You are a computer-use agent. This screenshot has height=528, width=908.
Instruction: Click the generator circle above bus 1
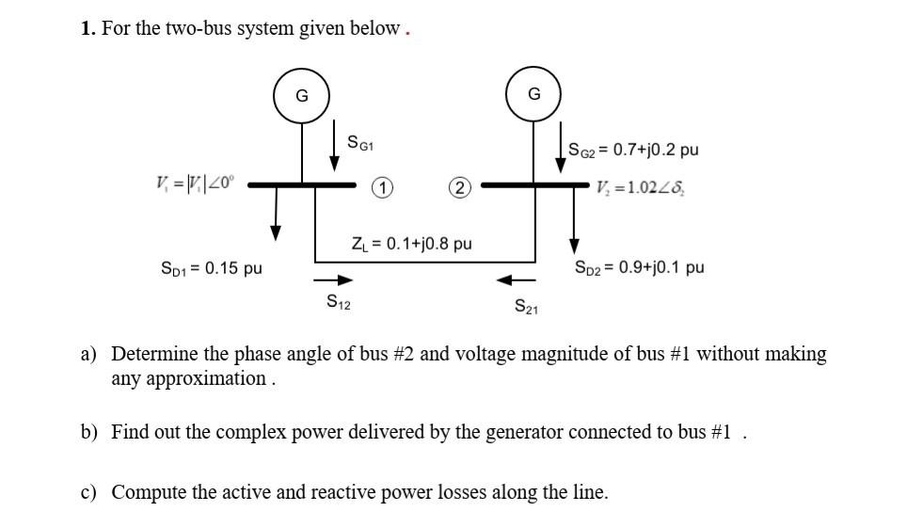pos(301,95)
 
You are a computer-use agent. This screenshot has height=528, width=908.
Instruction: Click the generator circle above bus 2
pos(534,94)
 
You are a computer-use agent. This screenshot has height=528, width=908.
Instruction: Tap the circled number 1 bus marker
pos(381,187)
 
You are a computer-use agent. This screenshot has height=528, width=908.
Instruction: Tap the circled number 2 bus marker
pos(458,187)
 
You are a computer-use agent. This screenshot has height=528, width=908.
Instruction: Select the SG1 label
pos(360,143)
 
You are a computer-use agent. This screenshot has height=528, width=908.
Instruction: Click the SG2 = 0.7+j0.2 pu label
pos(633,150)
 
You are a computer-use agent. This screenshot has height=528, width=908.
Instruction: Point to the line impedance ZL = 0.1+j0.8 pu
pos(411,244)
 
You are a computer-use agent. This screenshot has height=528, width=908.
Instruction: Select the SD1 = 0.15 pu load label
pos(212,268)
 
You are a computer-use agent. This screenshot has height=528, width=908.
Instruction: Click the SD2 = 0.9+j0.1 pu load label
pos(639,267)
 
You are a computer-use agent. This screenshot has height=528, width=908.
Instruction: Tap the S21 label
pos(526,306)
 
